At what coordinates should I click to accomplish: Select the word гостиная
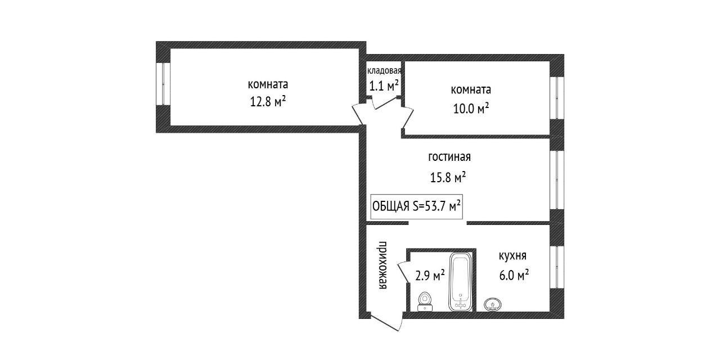point(449,157)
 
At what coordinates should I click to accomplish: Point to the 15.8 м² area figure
point(448,178)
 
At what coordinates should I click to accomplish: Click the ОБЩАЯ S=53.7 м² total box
point(416,206)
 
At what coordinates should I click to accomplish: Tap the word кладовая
point(384,71)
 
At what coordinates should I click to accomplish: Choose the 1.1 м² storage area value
point(384,86)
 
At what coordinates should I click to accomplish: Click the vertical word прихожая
point(382,265)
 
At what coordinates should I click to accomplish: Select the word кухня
point(512,256)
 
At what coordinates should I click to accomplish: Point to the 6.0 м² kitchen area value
point(514,275)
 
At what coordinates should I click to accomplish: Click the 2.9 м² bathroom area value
point(430,275)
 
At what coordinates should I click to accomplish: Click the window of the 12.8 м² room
point(163,83)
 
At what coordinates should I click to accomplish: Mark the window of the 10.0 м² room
point(557,97)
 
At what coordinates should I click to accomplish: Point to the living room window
point(557,180)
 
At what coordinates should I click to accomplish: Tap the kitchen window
point(557,266)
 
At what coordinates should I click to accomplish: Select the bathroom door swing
point(403,273)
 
